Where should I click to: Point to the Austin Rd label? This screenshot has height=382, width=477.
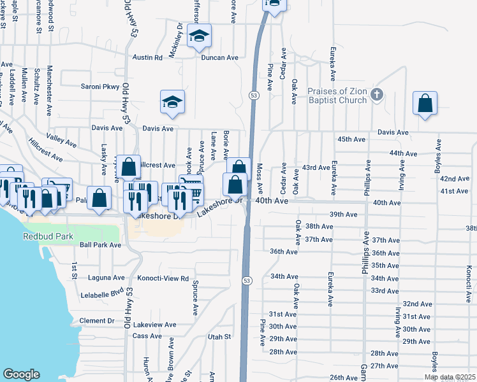tap(147, 57)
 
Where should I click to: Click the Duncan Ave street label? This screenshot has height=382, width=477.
tap(219, 57)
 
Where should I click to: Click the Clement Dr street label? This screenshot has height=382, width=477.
tap(97, 321)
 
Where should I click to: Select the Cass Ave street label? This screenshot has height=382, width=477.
tap(147, 336)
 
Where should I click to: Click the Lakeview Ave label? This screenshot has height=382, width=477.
tap(154, 324)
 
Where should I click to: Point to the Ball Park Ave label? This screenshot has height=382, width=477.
tap(99, 244)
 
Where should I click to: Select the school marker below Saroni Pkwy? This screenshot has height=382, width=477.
tap(172, 103)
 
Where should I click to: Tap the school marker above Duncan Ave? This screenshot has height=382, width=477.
tap(200, 36)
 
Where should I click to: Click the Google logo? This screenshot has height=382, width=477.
tap(21, 374)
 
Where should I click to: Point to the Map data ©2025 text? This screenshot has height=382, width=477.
tap(449, 378)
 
